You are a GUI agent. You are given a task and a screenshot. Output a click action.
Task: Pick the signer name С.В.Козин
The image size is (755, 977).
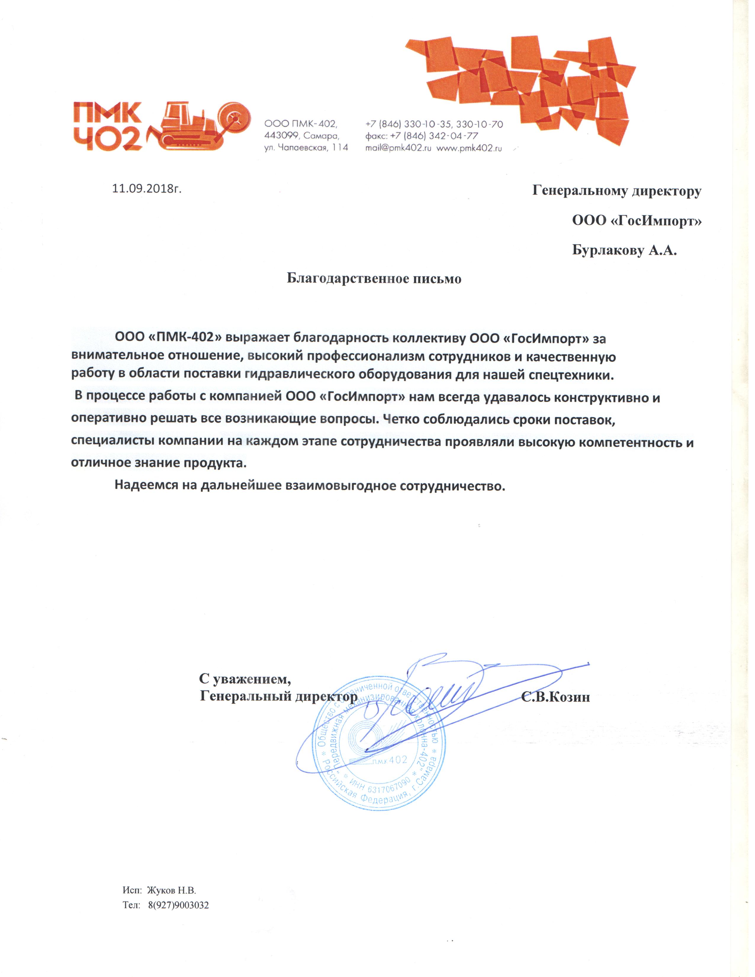click(x=555, y=697)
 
